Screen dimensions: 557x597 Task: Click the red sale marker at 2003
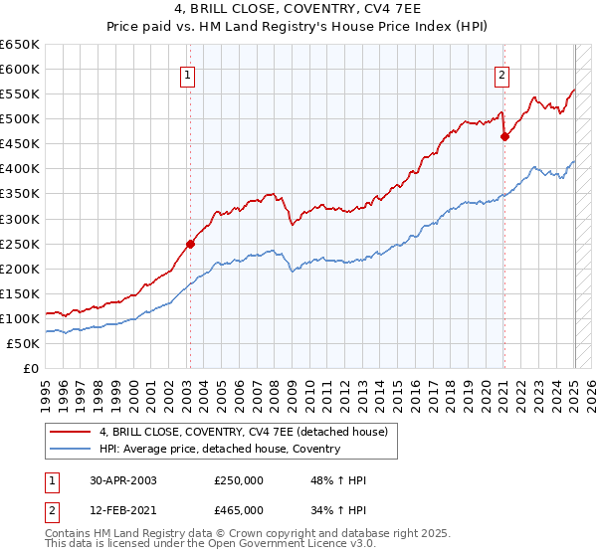190,243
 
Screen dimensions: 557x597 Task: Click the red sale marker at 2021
504,136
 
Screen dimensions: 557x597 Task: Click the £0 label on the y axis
30,368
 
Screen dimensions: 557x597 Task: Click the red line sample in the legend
70,431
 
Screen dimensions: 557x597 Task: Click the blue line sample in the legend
70,449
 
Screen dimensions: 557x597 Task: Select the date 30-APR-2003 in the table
122,479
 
